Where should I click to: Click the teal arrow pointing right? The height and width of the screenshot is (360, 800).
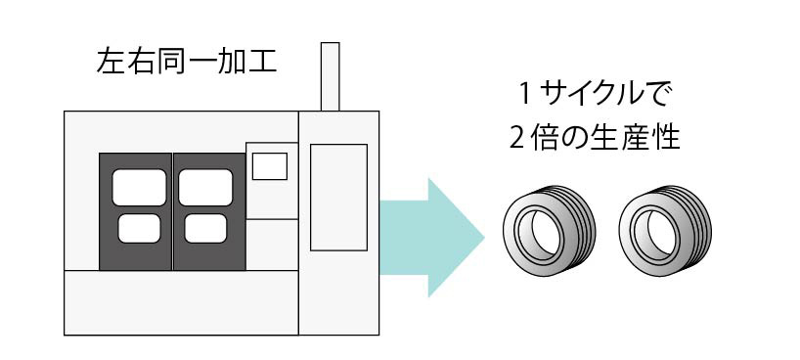tap(431, 238)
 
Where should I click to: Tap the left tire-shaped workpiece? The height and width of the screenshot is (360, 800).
tap(549, 231)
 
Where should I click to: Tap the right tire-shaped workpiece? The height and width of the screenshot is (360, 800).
tap(665, 231)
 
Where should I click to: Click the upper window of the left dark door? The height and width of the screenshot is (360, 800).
tap(139, 188)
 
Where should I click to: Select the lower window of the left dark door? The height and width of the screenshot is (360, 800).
tap(139, 228)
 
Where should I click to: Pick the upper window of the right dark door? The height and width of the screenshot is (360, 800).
tap(205, 188)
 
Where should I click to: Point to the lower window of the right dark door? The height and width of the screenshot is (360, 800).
tap(205, 228)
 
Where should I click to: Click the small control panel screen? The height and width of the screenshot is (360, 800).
tap(270, 166)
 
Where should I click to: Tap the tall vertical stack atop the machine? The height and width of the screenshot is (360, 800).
tap(331, 76)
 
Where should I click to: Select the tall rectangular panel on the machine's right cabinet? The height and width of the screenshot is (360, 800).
tap(338, 198)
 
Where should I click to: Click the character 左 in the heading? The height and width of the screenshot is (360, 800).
tap(111, 63)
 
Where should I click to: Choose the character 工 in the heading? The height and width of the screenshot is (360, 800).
tap(262, 63)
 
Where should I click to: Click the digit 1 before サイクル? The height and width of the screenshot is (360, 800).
tap(524, 94)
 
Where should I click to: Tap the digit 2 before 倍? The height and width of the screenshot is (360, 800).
tap(518, 138)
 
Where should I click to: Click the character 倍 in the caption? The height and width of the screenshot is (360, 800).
tap(544, 138)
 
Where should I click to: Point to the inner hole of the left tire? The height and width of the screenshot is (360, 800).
tap(542, 233)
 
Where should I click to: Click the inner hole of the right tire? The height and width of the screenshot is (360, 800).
tap(657, 233)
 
